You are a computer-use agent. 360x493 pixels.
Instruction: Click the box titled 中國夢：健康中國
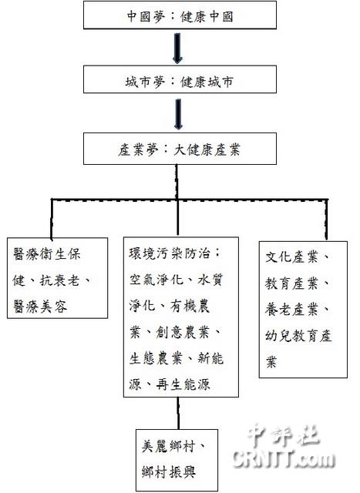pyautogui.click(x=180, y=15)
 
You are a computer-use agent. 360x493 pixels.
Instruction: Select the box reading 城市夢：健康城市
pyautogui.click(x=180, y=79)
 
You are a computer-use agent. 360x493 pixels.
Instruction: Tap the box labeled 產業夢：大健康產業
pyautogui.click(x=180, y=149)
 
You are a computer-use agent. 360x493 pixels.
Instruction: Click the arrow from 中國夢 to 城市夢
pyautogui.click(x=177, y=48)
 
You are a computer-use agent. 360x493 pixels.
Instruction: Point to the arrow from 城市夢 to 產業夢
pyautogui.click(x=178, y=114)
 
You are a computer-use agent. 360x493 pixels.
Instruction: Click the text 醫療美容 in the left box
pyautogui.click(x=40, y=307)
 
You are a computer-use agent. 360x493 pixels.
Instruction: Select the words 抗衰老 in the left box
pyautogui.click(x=59, y=280)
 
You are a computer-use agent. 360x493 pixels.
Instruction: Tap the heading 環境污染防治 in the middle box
pyautogui.click(x=170, y=253)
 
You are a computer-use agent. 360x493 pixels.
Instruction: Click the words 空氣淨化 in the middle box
pyautogui.click(x=156, y=279)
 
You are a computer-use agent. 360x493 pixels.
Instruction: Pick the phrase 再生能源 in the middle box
pyautogui.click(x=183, y=384)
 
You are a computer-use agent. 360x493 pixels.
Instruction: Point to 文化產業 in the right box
pyautogui.click(x=291, y=257)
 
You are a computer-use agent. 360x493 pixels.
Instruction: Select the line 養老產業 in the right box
pyautogui.click(x=291, y=310)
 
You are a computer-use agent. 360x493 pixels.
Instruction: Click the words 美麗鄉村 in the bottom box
pyautogui.click(x=168, y=446)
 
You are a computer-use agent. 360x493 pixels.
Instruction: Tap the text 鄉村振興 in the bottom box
pyautogui.click(x=168, y=471)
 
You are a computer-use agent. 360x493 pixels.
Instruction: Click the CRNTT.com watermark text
pyautogui.click(x=284, y=459)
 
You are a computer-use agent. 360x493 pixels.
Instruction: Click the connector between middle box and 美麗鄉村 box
pyautogui.click(x=178, y=413)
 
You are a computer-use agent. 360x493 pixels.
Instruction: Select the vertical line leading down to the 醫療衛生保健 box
pyautogui.click(x=52, y=219)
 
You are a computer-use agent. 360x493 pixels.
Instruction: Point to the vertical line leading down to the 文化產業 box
pyautogui.click(x=326, y=220)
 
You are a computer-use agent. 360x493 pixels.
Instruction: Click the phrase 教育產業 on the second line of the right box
pyautogui.click(x=291, y=283)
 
